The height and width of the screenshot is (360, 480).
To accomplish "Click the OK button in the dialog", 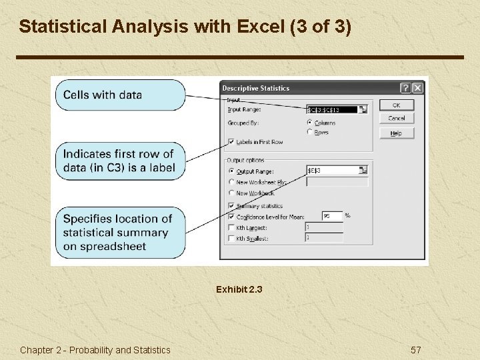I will [396, 105].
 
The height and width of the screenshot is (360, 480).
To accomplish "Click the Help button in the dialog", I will [396, 133].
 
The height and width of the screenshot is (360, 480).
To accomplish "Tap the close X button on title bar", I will [417, 88].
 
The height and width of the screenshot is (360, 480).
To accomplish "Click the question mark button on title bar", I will [405, 88].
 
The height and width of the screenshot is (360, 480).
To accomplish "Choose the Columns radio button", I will [309, 123].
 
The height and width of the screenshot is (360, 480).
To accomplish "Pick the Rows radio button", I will [309, 132].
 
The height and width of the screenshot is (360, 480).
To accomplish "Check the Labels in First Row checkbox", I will [231, 142].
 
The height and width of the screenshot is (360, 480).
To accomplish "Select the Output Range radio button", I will [231, 171].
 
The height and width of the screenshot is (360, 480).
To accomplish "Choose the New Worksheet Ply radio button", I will [231, 182].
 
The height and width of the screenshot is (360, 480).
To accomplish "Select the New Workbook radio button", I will [231, 193].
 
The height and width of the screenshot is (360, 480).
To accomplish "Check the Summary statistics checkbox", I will [231, 206].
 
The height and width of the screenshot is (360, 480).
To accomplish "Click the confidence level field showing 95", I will [332, 216].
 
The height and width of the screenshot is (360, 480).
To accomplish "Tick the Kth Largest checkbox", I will [231, 227].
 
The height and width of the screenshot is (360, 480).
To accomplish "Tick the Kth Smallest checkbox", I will [231, 238].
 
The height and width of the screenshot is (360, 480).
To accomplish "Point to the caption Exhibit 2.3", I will [239, 290].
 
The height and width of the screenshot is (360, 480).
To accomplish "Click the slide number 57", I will [415, 350].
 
